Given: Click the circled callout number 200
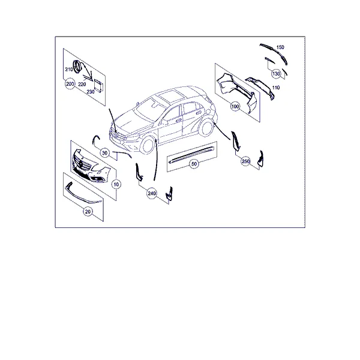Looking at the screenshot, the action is tap(70, 84).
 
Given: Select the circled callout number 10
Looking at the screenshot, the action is tap(116, 184).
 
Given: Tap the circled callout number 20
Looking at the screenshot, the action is tap(88, 211).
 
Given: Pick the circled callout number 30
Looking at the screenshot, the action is tap(104, 153).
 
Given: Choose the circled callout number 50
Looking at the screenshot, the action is tap(194, 164).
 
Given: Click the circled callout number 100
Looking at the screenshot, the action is tap(235, 107).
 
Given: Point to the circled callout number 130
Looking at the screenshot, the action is tap(276, 74).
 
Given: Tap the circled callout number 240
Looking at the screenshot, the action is tap(152, 194).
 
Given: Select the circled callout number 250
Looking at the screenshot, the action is tap(245, 161).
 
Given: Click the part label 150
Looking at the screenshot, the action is tap(280, 47).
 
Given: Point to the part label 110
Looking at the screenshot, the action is tap(276, 88).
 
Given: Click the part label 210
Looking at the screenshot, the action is tap(69, 69).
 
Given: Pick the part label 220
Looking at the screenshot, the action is tap(82, 84).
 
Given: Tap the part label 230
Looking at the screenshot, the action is tap(91, 92).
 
